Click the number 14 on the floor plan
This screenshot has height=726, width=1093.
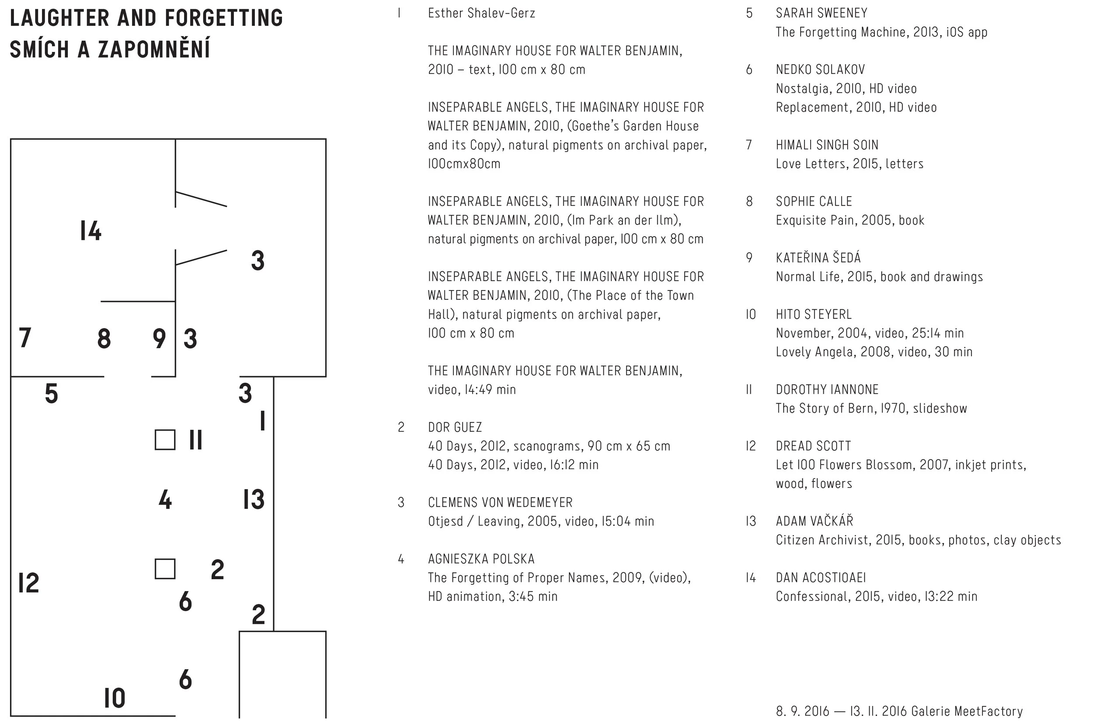tap(91, 231)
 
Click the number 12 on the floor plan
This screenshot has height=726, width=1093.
tap(29, 582)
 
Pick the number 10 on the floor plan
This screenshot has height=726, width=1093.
tap(115, 698)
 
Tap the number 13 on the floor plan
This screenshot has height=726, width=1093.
tap(254, 500)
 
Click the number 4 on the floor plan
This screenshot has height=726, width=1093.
tap(165, 500)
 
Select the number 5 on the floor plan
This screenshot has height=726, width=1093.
tap(52, 394)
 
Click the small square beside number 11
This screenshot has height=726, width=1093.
tap(165, 439)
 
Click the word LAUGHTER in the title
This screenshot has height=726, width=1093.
tap(60, 18)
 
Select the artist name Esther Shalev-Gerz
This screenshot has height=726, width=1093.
tap(481, 14)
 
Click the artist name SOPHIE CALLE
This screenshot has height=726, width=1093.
tap(814, 201)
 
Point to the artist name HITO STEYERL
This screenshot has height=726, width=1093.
tap(814, 315)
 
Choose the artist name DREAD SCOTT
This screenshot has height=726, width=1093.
tap(813, 446)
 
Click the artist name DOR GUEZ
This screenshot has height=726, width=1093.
tap(455, 427)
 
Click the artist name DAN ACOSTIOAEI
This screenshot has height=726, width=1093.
tap(821, 578)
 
